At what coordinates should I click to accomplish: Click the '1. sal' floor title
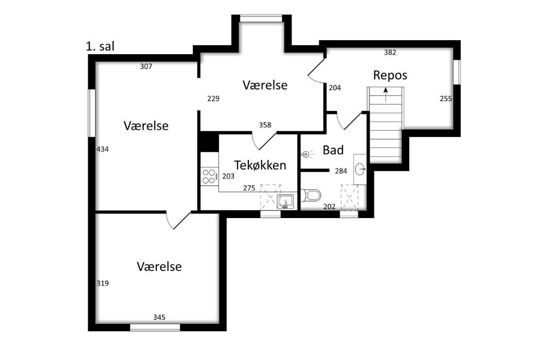[100, 46]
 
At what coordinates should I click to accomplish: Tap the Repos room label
[390, 75]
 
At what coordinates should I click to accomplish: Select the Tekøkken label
[260, 165]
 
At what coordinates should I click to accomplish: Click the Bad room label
[333, 150]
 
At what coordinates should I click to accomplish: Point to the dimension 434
[103, 149]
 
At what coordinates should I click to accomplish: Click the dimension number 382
[390, 53]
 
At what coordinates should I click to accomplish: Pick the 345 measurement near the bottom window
[159, 317]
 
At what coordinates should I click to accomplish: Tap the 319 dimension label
[103, 283]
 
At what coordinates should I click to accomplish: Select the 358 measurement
[265, 125]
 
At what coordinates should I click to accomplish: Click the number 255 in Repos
[446, 99]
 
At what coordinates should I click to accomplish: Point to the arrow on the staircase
[385, 95]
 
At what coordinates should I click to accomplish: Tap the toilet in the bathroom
[311, 196]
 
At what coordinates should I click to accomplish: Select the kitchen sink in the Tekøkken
[286, 202]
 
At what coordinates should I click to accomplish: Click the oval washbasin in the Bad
[360, 168]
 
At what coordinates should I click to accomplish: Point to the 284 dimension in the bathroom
[341, 171]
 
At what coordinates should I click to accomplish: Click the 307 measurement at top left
[146, 67]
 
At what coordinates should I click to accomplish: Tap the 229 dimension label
[213, 99]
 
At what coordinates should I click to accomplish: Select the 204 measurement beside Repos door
[335, 88]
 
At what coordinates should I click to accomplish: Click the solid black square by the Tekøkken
[209, 141]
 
